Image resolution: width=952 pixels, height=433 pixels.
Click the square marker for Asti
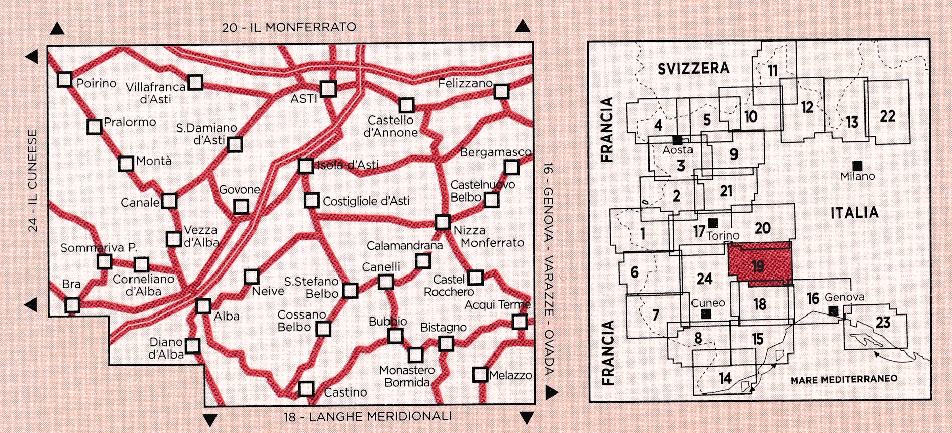pos(328,89)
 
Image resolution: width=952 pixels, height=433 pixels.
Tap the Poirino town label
pos(96,83)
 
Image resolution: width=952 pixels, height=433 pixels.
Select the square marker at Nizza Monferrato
pos(443,222)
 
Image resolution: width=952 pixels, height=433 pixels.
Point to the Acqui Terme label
pos(497,305)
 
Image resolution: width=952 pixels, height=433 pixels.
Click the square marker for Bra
pos(72,305)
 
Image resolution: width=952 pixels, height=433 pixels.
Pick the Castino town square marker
pos(306,389)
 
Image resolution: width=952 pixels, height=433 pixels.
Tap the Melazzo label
pos(510,375)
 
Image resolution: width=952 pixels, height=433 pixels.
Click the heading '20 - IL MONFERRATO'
pos(289,27)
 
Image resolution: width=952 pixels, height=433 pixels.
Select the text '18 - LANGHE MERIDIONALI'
pos(368,417)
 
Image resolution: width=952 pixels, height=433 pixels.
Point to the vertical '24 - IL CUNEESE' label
pos(33,180)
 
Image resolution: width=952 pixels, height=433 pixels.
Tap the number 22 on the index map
pos(887,116)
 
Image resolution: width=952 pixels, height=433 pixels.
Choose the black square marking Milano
pos(857,166)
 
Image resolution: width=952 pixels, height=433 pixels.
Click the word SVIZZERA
pos(694,68)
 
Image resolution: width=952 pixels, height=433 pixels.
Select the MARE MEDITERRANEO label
pos(844,379)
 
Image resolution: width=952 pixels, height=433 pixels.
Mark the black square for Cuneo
pos(707,313)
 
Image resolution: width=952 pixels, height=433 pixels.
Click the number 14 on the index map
pos(725,378)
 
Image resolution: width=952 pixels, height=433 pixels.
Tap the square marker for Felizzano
pos(501,92)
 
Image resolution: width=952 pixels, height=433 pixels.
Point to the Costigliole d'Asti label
pos(366,201)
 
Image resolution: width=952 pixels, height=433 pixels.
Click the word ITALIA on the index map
pos(854,212)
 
